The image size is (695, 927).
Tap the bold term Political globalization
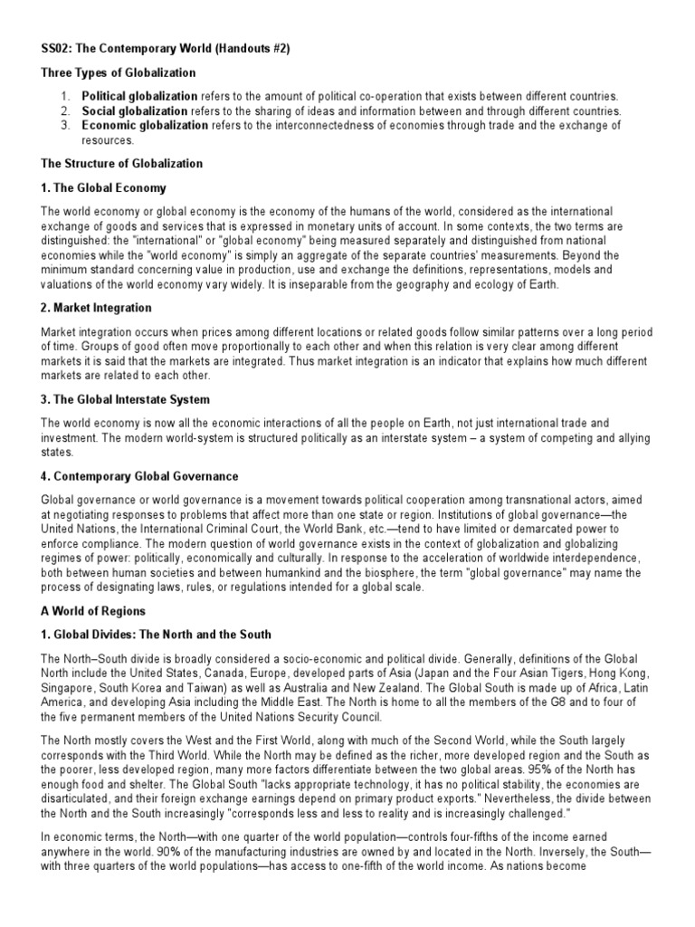click(139, 96)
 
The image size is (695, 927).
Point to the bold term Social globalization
click(132, 110)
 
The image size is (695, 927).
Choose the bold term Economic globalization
click(145, 126)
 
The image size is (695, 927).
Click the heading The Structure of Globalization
click(122, 164)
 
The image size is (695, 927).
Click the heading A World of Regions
click(93, 612)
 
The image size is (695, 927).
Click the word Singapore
click(68, 687)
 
